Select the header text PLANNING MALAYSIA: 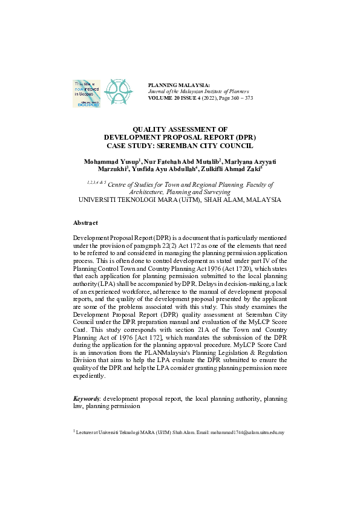click(179, 85)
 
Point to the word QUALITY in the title click(153, 129)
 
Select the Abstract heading click(85, 222)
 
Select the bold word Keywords click(87, 400)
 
